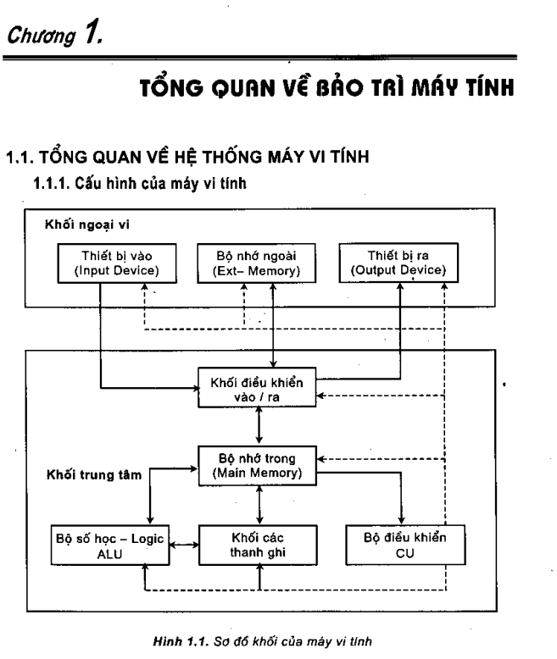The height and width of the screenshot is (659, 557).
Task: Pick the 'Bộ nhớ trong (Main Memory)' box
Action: coord(259,464)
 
